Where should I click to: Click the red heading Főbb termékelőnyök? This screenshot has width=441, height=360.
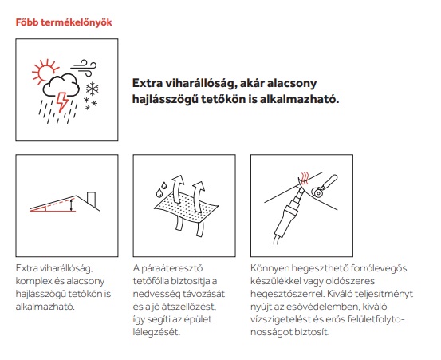click(64, 22)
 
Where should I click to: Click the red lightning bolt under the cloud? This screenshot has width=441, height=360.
click(62, 101)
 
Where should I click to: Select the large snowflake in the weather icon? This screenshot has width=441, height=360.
click(92, 89)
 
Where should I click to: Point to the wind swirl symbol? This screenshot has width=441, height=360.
click(84, 68)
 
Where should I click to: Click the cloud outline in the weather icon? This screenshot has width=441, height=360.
click(61, 84)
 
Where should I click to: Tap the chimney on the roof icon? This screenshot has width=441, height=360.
click(92, 199)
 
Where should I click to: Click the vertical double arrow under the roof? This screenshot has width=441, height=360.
click(72, 204)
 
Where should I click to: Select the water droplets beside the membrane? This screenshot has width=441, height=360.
click(161, 189)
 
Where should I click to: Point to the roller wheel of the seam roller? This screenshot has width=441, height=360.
click(318, 193)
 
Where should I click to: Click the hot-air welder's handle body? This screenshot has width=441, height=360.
click(284, 223)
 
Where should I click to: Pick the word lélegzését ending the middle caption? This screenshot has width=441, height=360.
click(156, 332)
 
